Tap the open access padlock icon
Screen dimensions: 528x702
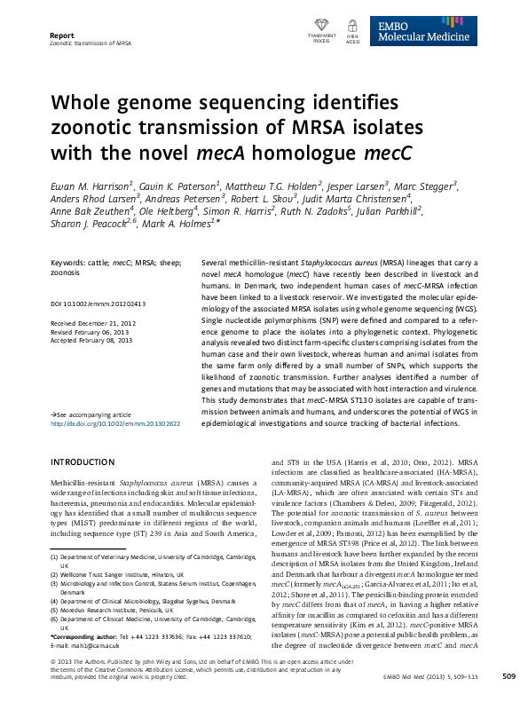coord(352,28)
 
